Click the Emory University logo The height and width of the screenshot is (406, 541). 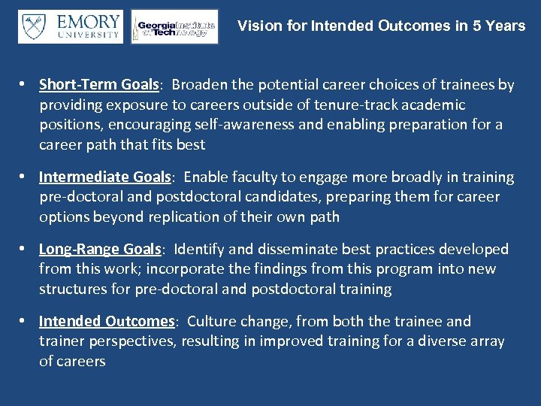[70, 26]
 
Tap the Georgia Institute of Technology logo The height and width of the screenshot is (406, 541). [174, 27]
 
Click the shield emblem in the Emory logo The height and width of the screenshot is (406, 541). [34, 26]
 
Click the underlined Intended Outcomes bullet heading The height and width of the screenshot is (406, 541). [107, 321]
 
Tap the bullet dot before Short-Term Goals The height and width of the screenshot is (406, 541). [24, 85]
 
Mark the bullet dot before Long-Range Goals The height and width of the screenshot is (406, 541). [24, 249]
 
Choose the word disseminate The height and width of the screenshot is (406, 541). [321, 249]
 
